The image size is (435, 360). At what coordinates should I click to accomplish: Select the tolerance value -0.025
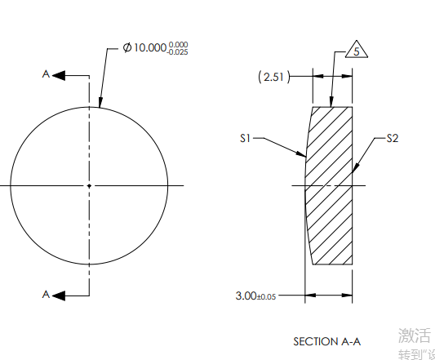[179, 52]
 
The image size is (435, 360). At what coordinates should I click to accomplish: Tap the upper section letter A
[47, 74]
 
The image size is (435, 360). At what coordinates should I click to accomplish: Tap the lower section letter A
[47, 294]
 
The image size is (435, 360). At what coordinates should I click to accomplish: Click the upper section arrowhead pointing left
[58, 75]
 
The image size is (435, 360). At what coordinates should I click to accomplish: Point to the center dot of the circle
[90, 186]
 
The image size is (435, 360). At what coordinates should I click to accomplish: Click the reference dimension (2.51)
[273, 77]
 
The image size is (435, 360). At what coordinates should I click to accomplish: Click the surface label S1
[245, 139]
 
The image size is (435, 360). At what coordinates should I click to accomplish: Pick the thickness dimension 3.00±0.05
[255, 296]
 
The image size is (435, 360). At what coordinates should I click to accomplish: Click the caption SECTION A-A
[326, 340]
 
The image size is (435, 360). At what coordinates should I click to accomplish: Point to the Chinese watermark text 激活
[415, 336]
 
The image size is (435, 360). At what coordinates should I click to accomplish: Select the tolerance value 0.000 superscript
[179, 44]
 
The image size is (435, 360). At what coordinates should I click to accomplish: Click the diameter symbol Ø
[127, 48]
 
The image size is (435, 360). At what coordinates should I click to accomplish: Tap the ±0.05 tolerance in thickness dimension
[267, 296]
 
